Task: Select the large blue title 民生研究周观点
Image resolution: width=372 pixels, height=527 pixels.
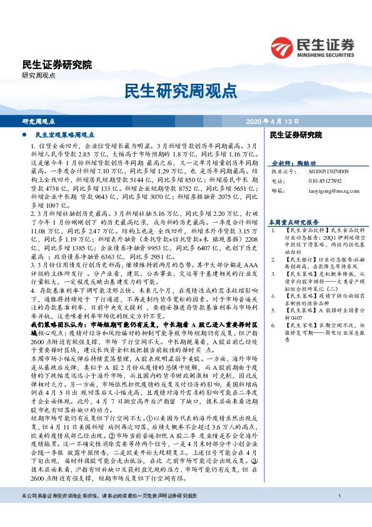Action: point(186,91)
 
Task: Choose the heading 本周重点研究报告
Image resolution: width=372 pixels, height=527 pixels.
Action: point(293,222)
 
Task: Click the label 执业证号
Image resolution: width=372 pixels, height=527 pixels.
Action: point(281,170)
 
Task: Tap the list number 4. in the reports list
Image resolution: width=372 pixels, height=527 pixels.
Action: point(273,293)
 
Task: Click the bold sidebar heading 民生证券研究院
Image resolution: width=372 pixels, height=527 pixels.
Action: point(295,135)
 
